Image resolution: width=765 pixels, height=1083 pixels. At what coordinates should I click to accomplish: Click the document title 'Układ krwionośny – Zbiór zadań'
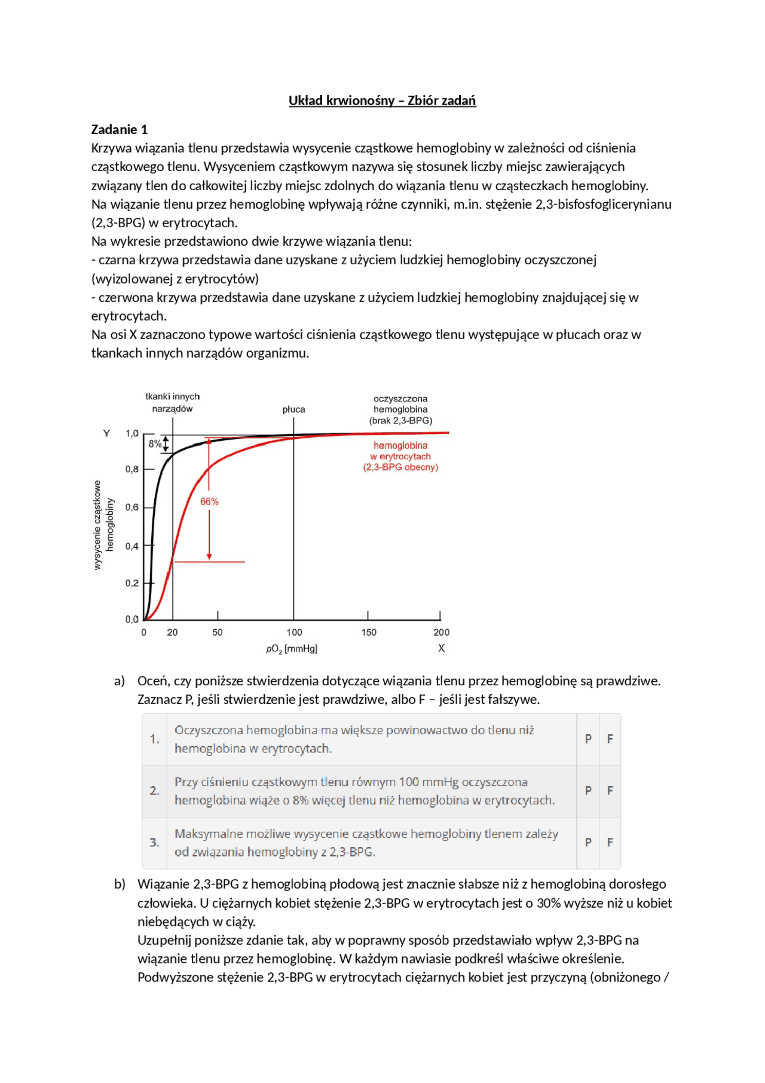(x=382, y=100)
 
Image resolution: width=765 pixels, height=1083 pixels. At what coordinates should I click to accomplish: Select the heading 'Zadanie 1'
(x=119, y=129)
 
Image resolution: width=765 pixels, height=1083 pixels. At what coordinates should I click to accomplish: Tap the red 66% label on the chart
(x=209, y=502)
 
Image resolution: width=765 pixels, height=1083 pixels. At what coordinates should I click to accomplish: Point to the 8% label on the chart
(x=155, y=444)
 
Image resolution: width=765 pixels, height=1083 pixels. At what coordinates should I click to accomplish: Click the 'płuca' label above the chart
(x=293, y=410)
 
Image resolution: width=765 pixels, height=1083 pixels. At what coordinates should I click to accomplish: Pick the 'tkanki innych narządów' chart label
(x=172, y=402)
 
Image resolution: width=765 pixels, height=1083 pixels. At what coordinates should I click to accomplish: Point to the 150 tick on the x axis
(x=369, y=632)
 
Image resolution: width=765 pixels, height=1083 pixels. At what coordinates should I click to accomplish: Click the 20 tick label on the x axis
(x=172, y=632)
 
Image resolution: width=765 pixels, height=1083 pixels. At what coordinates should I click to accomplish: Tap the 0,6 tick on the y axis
(x=132, y=507)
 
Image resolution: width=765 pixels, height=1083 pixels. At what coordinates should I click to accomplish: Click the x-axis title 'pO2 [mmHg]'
(x=292, y=649)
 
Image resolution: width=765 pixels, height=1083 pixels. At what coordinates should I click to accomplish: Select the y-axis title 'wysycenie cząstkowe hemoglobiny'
(x=103, y=525)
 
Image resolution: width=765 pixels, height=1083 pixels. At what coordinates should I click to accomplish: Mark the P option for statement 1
(x=588, y=739)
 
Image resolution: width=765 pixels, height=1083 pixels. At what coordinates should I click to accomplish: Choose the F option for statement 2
(x=610, y=791)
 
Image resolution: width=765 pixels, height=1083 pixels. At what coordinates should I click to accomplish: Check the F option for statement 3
(x=610, y=842)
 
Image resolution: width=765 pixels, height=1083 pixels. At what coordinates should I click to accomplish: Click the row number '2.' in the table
(x=154, y=791)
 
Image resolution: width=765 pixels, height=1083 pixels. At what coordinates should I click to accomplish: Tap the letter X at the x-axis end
(x=442, y=648)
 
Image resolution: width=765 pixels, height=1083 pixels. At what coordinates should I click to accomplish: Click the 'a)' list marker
(x=120, y=681)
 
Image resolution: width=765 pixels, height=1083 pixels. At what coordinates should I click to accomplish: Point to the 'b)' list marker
(x=120, y=884)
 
